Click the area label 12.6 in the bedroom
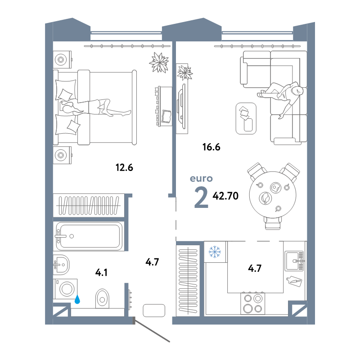click(x=124, y=167)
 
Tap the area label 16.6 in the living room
click(x=211, y=147)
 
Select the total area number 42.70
click(x=225, y=196)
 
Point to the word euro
click(x=201, y=179)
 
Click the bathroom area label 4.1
click(x=101, y=273)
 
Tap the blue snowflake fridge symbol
click(x=215, y=252)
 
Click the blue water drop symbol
click(x=77, y=299)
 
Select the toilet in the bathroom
click(x=102, y=298)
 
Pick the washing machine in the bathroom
click(x=65, y=289)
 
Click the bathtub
click(x=89, y=236)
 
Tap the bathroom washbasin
click(x=61, y=265)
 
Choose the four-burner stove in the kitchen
click(x=253, y=303)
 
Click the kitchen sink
click(x=295, y=261)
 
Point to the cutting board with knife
click(x=294, y=281)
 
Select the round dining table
click(x=273, y=195)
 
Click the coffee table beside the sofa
click(x=246, y=118)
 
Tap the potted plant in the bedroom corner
click(x=159, y=62)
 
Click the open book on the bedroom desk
click(x=166, y=116)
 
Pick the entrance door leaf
click(x=152, y=330)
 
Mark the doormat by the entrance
click(x=154, y=310)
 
